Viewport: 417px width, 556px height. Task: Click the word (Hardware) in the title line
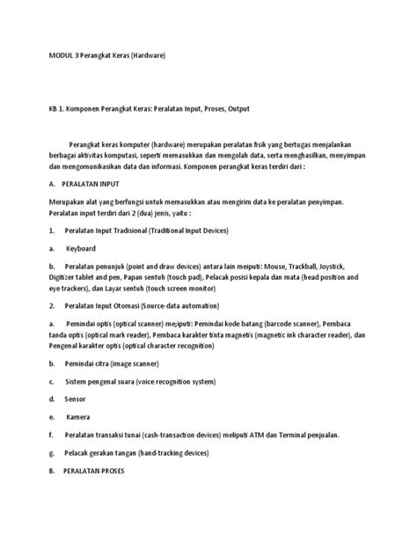tap(143, 55)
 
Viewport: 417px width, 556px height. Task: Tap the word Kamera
tap(78, 415)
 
